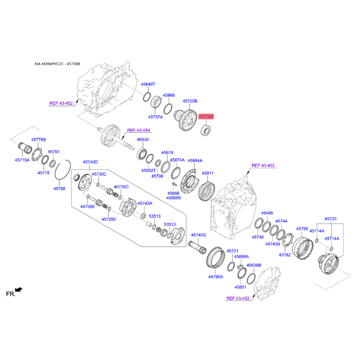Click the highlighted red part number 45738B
point(206,117)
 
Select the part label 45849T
point(148,84)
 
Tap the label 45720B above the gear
point(190,101)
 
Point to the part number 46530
point(143,139)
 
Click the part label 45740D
point(90,162)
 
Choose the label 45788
point(59,189)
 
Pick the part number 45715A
point(22,160)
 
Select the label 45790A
point(216,277)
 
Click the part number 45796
point(302,229)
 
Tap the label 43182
point(285,255)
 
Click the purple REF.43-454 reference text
point(139,130)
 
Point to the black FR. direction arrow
point(18,289)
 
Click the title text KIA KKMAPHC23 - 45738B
point(58,64)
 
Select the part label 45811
point(207,173)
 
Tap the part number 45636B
point(254,265)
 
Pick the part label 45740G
point(198,235)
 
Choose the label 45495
point(267,213)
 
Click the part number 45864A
point(195,161)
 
